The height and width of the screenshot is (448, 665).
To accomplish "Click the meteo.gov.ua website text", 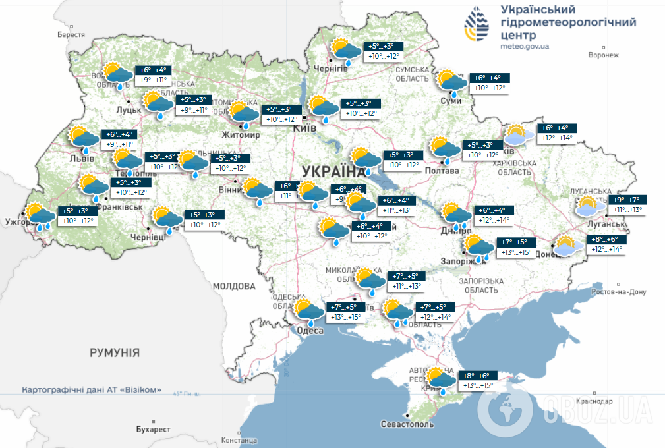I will coord(525,47).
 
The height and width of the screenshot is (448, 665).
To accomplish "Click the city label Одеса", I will coord(309,331).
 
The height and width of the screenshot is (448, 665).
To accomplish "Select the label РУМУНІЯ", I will coord(115,352).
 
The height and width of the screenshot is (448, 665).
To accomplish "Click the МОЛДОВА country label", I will coord(234,286).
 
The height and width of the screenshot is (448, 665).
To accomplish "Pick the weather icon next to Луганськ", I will coord(589,207).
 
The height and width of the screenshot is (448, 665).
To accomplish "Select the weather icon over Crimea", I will coord(440,380).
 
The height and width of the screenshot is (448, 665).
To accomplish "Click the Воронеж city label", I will coord(604,55).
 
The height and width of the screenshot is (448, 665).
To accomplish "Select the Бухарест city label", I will coord(152,429).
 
